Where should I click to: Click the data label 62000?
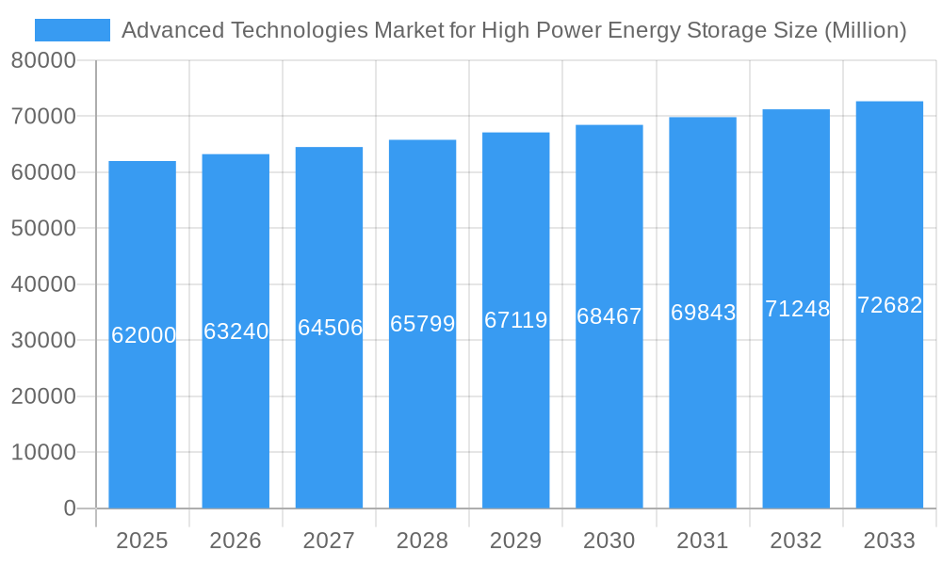(x=144, y=335)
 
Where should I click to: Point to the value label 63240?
(x=236, y=331)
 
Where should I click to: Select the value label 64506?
(x=330, y=328)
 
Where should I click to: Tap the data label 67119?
(x=516, y=320)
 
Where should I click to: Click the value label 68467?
(x=609, y=316)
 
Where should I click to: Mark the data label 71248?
(x=797, y=309)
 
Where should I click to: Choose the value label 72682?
(x=890, y=305)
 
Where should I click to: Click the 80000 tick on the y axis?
(x=43, y=61)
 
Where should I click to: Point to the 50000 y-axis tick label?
(x=43, y=229)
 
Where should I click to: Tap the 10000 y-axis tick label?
(x=43, y=453)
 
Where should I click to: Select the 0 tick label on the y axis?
(x=70, y=508)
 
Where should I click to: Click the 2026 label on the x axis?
(x=235, y=541)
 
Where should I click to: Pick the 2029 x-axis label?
(x=516, y=541)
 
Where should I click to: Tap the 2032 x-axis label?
(x=796, y=541)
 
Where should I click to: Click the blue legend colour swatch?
(x=73, y=30)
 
